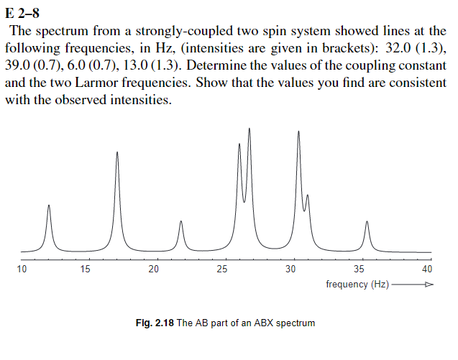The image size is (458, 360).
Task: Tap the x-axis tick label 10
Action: point(22,269)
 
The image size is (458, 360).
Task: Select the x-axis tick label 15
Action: point(86,269)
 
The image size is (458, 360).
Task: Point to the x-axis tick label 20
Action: point(153,269)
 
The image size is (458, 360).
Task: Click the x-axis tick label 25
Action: point(222,269)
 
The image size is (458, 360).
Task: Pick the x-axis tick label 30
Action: point(290,269)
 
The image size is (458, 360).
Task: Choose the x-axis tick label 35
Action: point(359,269)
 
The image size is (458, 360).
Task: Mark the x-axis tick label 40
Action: point(427,269)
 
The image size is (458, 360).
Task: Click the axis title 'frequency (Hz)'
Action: point(357,285)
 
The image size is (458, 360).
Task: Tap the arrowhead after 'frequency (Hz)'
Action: point(429,285)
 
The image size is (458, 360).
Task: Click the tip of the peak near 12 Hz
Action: point(49,206)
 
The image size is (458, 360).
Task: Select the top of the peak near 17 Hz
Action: point(117,152)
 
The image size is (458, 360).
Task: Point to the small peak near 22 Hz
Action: point(181,221)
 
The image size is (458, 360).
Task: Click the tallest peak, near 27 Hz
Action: point(249,129)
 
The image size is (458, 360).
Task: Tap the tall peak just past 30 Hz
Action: point(298,131)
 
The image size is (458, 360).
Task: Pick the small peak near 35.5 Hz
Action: point(367,222)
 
